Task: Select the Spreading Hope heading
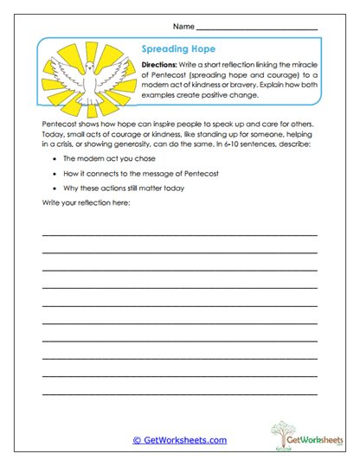pos(177,49)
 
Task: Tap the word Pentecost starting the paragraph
pos(58,124)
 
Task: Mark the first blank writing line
pos(179,234)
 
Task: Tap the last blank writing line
pos(179,395)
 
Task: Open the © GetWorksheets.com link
pos(180,439)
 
